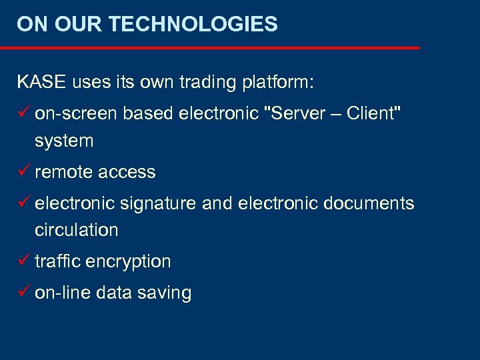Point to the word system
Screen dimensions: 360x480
(x=64, y=141)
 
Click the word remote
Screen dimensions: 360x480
(x=63, y=172)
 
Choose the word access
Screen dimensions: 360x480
(x=126, y=172)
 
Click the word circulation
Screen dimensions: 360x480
(x=76, y=230)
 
